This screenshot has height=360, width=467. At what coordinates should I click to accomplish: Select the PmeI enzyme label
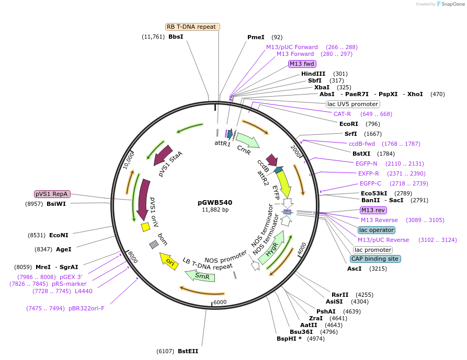256,37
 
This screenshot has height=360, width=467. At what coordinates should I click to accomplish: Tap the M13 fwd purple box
302,64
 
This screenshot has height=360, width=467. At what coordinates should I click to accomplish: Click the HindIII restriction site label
313,74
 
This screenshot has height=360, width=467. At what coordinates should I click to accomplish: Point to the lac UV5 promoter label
352,103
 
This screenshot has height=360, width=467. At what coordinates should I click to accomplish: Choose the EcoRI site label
349,124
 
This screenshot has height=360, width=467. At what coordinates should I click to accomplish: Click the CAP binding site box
375,259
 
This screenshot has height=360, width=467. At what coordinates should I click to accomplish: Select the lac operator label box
377,230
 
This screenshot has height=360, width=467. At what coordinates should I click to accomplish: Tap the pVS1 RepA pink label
52,194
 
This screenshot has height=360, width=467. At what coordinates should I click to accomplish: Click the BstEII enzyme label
188,351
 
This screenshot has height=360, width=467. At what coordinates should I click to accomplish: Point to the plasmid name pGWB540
215,202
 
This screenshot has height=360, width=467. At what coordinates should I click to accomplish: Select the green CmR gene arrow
247,140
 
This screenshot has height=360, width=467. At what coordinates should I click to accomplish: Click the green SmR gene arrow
200,275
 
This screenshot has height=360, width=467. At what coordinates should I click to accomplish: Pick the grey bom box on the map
154,245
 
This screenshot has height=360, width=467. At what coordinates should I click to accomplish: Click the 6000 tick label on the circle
220,302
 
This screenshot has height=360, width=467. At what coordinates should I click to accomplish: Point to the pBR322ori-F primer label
86,308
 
